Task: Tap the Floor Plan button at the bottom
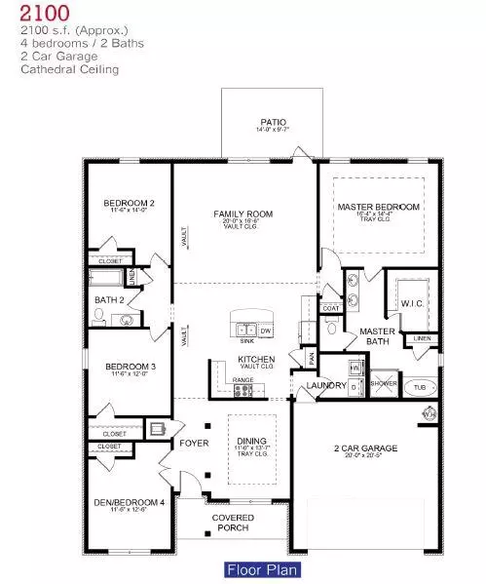pyautogui.click(x=262, y=569)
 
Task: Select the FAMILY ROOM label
pyautogui.click(x=243, y=214)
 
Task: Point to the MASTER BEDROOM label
pyautogui.click(x=378, y=207)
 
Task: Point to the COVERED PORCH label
pyautogui.click(x=233, y=523)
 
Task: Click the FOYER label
pyautogui.click(x=189, y=442)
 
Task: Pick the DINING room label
pyautogui.click(x=251, y=441)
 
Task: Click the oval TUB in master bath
pyautogui.click(x=421, y=386)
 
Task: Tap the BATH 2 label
pyautogui.click(x=107, y=299)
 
